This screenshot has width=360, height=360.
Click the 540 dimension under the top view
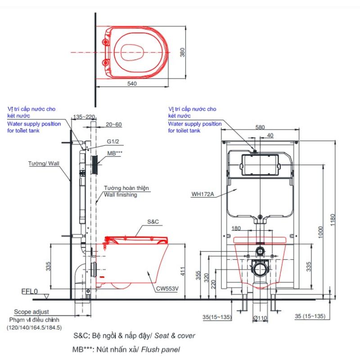(132, 84)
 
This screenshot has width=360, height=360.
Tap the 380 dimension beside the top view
(182, 52)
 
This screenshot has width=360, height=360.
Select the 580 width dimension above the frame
(260, 127)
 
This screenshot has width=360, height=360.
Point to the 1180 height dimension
(333, 220)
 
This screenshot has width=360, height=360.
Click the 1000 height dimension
(321, 232)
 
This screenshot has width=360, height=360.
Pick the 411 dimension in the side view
(183, 271)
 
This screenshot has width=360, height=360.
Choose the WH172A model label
(203, 194)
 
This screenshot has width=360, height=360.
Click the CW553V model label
(167, 289)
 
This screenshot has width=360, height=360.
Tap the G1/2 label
(113, 141)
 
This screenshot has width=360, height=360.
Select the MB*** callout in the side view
(115, 153)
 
